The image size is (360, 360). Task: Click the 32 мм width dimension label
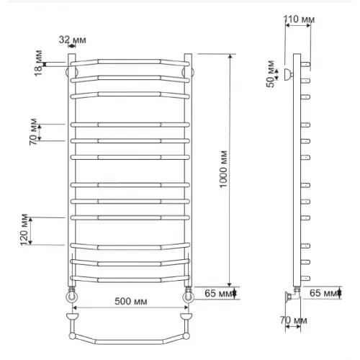click(73, 40)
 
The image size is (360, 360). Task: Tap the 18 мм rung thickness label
click(38, 63)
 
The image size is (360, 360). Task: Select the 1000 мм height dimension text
click(223, 169)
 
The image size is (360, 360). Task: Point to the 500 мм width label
click(131, 302)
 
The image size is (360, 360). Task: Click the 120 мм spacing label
click(24, 230)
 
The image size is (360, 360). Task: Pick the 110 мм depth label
click(299, 19)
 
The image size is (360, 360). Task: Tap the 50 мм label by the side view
click(271, 74)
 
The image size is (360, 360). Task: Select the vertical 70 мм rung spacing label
click(33, 132)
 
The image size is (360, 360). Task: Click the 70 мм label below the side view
click(293, 320)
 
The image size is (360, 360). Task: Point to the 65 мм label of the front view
click(218, 293)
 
